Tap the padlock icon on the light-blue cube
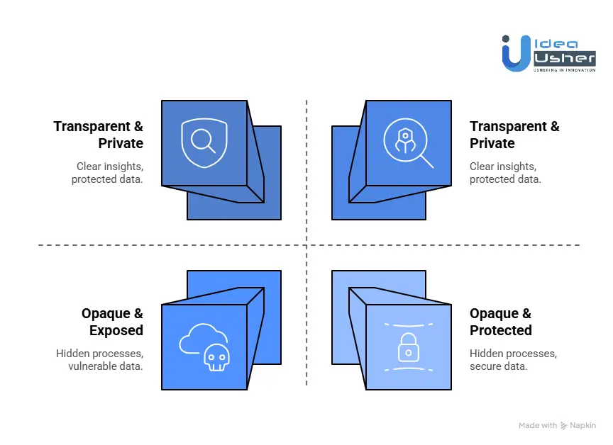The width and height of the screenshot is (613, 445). (x=407, y=347)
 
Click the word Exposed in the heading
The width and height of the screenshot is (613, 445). (x=116, y=330)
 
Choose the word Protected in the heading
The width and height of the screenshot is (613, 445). (x=501, y=330)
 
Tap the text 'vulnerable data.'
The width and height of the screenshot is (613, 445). (x=106, y=366)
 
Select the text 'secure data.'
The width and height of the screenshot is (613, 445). (x=499, y=366)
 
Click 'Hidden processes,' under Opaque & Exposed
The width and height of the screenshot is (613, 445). (x=100, y=354)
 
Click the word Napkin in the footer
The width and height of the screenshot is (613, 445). (x=582, y=426)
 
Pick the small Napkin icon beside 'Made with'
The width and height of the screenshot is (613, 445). (x=564, y=426)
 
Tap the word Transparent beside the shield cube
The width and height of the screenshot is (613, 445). (x=88, y=126)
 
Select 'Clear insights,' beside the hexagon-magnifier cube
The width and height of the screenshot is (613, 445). (x=503, y=167)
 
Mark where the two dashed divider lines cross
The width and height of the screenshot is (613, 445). (x=306, y=245)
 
